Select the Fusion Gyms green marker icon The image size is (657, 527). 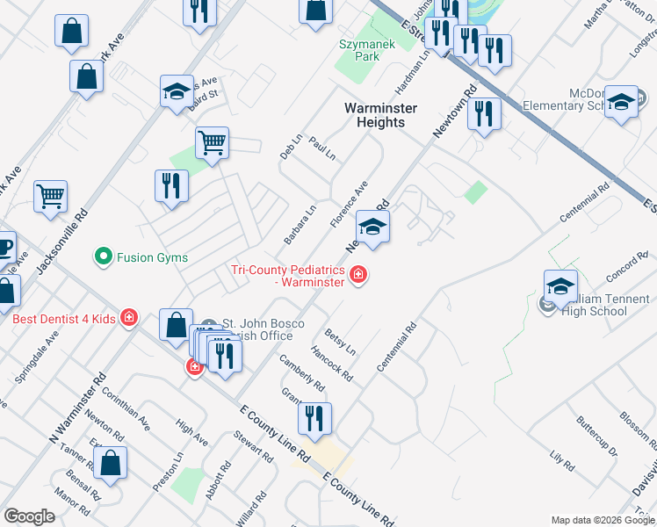(x=104, y=257)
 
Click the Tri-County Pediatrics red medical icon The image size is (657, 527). (x=358, y=276)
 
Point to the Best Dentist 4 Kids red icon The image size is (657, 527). (x=130, y=318)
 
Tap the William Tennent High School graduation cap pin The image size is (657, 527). (x=560, y=286)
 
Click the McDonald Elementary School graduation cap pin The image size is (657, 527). (x=621, y=102)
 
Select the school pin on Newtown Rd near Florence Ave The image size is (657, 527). (x=372, y=227)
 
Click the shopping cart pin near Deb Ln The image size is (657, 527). (x=212, y=142)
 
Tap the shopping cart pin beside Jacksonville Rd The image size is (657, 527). (x=50, y=196)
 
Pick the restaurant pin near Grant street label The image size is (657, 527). (x=314, y=417)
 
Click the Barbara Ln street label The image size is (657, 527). (x=300, y=226)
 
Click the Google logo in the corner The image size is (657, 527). (x=29, y=516)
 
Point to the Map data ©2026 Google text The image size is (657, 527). (x=602, y=519)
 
